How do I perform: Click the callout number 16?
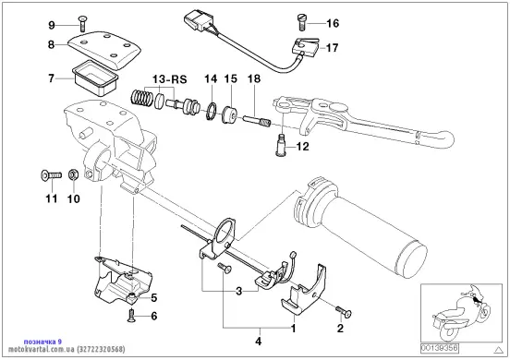(x=333, y=23)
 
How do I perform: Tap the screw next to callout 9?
(x=81, y=24)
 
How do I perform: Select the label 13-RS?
(x=170, y=79)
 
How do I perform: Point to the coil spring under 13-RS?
(x=141, y=98)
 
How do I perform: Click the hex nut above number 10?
(x=73, y=174)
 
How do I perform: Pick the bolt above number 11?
(x=52, y=175)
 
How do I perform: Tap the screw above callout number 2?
(x=344, y=311)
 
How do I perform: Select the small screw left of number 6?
(x=130, y=316)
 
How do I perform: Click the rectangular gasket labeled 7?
(x=94, y=78)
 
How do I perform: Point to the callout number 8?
(x=51, y=44)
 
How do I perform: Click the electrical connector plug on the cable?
(x=195, y=21)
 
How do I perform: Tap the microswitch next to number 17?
(x=304, y=45)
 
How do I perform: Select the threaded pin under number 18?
(x=257, y=121)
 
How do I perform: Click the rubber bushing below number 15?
(x=229, y=114)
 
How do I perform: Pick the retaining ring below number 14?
(x=212, y=111)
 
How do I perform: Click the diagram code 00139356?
(x=440, y=349)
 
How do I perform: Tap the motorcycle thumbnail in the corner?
(x=461, y=313)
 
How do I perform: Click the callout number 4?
(x=259, y=342)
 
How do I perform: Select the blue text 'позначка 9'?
(x=42, y=342)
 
